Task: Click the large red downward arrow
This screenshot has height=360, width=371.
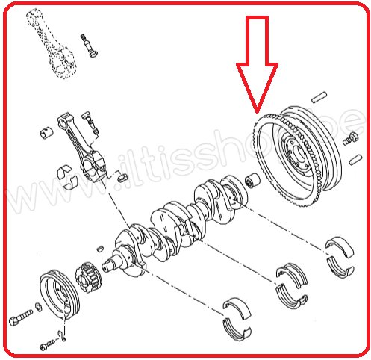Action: (x=257, y=62)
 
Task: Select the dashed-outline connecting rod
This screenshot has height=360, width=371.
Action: (x=51, y=43)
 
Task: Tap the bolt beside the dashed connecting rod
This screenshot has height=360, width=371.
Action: (x=89, y=45)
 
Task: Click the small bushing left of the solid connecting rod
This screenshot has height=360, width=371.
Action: (x=46, y=133)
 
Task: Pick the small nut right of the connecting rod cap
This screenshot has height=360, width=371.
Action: (x=122, y=177)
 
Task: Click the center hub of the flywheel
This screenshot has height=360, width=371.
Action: (x=296, y=155)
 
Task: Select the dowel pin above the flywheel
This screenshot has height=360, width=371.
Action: (x=319, y=97)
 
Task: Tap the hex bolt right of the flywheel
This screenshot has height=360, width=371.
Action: (x=351, y=139)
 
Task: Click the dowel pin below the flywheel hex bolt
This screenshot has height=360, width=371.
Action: (x=356, y=159)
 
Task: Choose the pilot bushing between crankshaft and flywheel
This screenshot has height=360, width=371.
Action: (x=252, y=180)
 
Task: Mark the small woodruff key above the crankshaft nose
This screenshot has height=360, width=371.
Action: (x=100, y=248)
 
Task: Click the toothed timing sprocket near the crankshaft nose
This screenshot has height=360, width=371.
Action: (x=88, y=277)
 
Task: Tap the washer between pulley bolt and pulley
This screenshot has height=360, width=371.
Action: (x=39, y=307)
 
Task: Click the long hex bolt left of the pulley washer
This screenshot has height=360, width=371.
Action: (x=21, y=317)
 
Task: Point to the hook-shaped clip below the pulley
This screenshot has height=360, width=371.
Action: (x=61, y=335)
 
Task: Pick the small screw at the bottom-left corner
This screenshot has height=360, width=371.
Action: (x=47, y=345)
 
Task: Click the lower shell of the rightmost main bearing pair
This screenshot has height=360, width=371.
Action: (x=340, y=267)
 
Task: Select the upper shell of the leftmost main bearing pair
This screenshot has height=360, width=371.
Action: (x=237, y=308)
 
